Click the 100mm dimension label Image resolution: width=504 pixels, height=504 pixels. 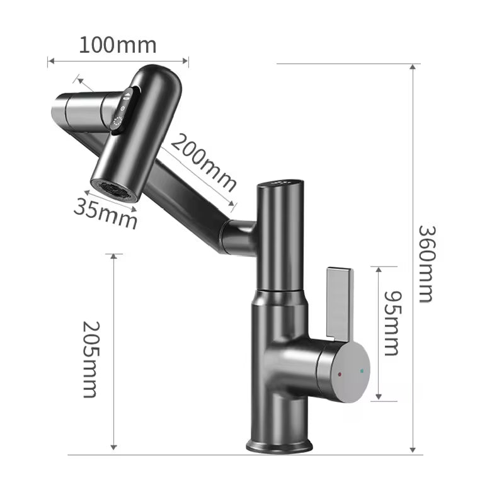click(x=118, y=45)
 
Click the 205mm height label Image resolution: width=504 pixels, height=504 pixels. click(x=92, y=359)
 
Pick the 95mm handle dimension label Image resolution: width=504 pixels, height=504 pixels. click(x=391, y=323)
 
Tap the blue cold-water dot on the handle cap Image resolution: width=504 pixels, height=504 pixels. click(x=361, y=372)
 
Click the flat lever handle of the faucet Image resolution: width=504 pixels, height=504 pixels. click(x=340, y=302)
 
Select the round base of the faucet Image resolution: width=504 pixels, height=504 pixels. click(x=279, y=445)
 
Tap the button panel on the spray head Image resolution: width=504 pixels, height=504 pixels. click(x=125, y=108)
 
